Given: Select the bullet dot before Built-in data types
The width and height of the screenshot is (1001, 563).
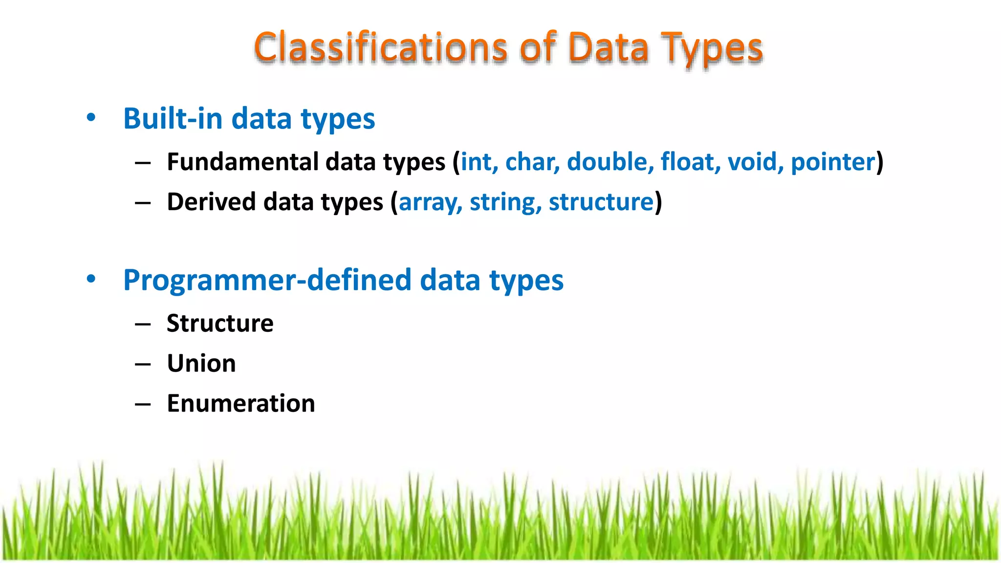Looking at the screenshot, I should [x=91, y=117].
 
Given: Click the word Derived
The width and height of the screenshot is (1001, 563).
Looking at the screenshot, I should [x=211, y=202].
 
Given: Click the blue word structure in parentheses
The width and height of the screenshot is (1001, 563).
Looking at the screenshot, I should [x=601, y=202].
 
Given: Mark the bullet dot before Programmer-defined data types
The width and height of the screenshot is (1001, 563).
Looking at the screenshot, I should [x=91, y=279].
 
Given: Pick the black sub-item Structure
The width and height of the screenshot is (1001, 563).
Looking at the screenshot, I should [x=220, y=324].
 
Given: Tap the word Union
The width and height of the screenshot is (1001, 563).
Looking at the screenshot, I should [x=201, y=364].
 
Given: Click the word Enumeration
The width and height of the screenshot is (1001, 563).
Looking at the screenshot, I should [x=241, y=404].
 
